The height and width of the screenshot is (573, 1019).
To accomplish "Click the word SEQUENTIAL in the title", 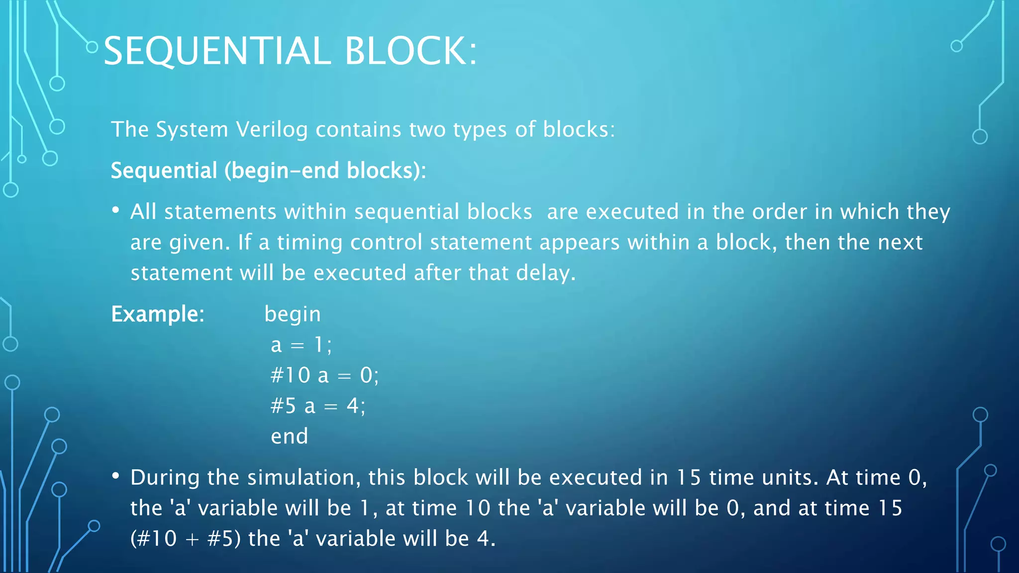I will tap(217, 51).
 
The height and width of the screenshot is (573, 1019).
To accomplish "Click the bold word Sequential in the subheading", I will tap(164, 171).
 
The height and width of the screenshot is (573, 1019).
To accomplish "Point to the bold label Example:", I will tap(158, 314).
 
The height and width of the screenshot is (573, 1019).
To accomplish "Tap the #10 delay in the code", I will tap(291, 376).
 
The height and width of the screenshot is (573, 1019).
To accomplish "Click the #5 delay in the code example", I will tap(283, 406).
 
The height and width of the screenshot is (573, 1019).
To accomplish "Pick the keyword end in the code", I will tap(289, 437).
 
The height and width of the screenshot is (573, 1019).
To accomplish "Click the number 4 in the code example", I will tap(353, 406).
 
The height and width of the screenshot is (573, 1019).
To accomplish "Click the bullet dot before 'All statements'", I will tap(115, 211).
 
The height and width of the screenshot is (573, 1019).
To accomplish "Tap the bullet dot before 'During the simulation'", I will tap(115, 477).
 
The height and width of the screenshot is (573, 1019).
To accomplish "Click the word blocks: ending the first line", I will tap(579, 130).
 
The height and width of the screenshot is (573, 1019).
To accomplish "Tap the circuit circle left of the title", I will tap(92, 47).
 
